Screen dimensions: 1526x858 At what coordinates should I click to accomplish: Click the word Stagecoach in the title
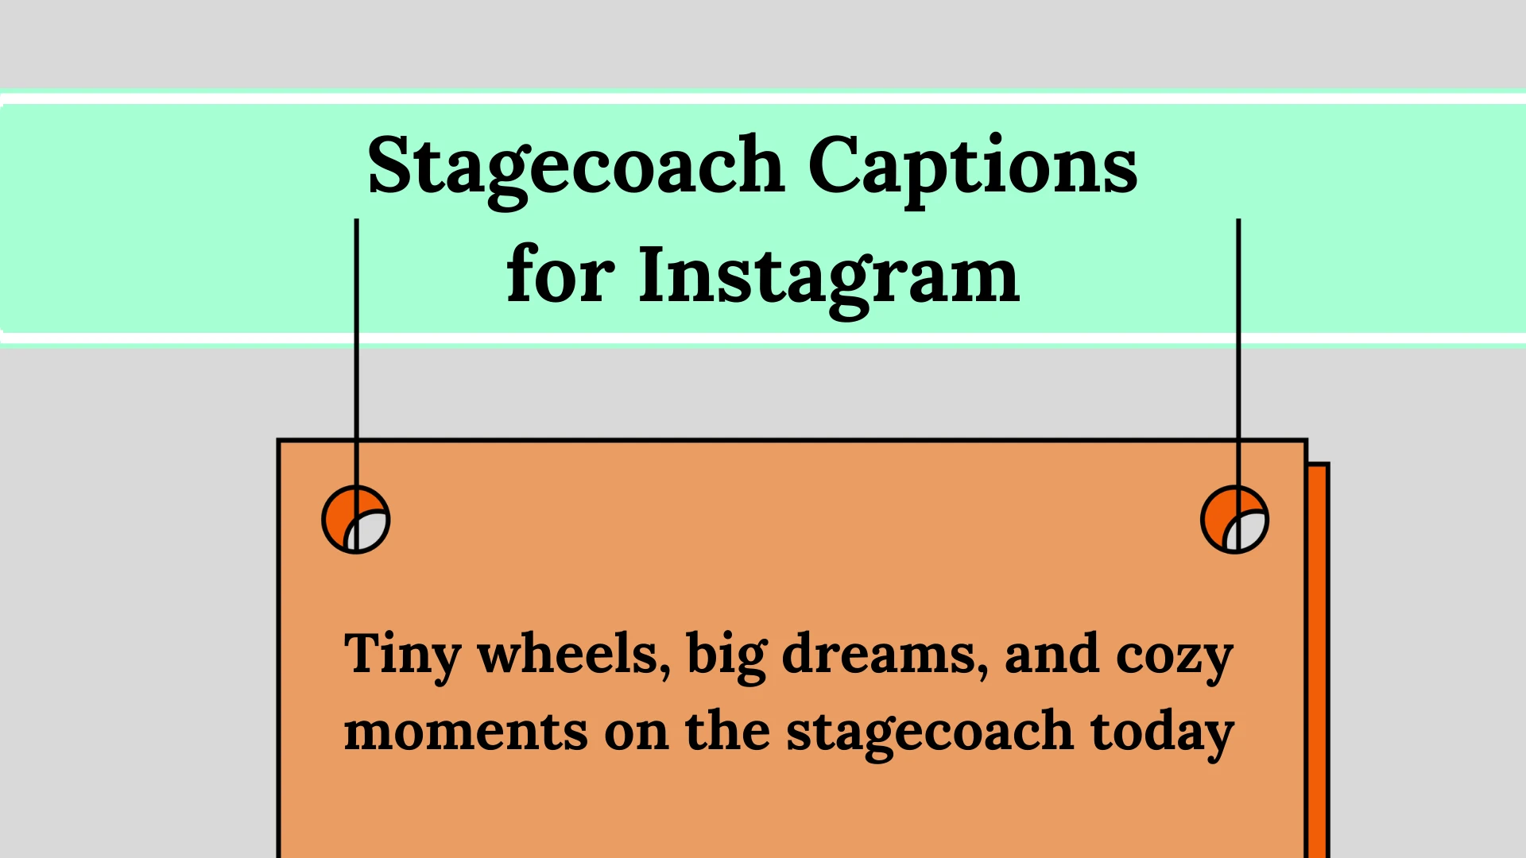pyautogui.click(x=576, y=168)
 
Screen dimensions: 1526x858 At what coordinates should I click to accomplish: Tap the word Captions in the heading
pyautogui.click(x=973, y=168)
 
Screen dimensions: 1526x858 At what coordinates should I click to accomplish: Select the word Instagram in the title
pyautogui.click(x=829, y=277)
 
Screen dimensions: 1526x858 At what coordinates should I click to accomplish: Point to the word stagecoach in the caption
pyautogui.click(x=930, y=733)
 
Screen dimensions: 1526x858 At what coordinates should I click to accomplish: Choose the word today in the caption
pyautogui.click(x=1162, y=733)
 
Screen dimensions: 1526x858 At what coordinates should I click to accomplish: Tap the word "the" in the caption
pyautogui.click(x=727, y=730)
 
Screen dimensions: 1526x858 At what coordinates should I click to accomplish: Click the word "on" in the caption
pyautogui.click(x=637, y=732)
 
